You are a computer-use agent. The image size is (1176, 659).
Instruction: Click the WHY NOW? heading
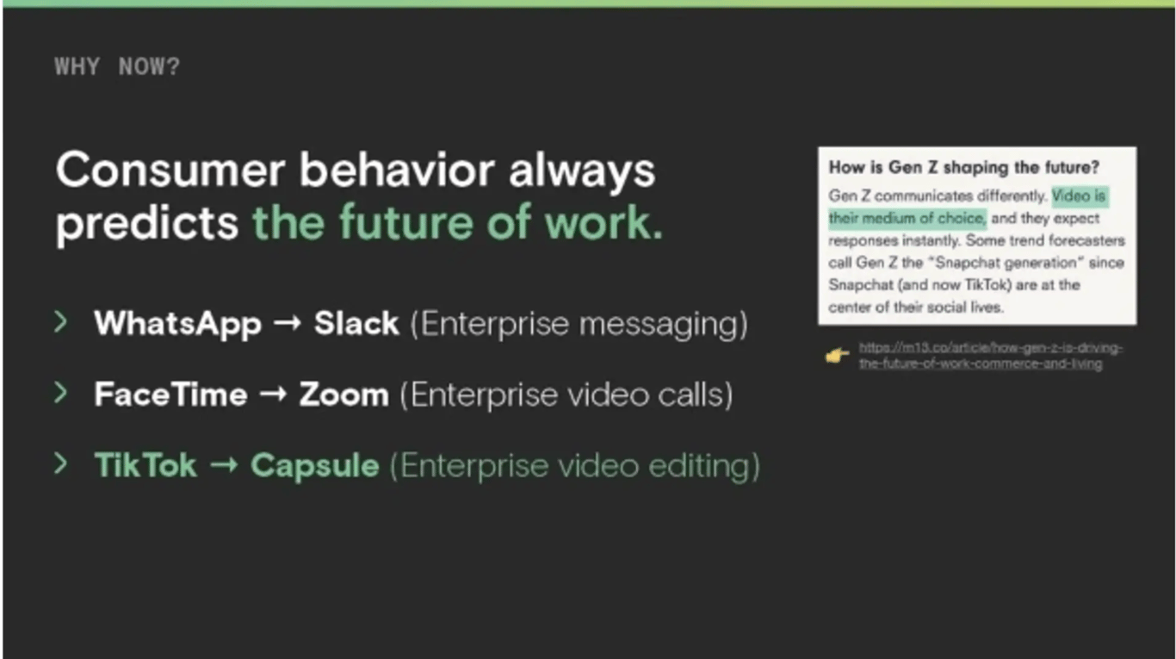(x=117, y=66)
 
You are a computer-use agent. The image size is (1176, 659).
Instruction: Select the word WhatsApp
(x=178, y=324)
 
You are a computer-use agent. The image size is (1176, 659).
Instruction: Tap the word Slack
(x=356, y=323)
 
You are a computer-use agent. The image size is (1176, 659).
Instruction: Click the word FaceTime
(x=170, y=395)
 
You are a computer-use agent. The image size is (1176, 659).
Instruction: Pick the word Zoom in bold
(x=344, y=395)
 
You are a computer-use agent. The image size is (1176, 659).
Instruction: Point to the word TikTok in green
(x=145, y=465)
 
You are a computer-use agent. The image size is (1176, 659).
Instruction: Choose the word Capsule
(x=314, y=466)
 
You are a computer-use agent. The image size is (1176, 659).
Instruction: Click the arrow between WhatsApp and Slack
(x=288, y=323)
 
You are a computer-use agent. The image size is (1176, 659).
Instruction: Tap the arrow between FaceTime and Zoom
(x=273, y=394)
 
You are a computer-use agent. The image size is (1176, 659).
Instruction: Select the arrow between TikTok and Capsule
(x=224, y=464)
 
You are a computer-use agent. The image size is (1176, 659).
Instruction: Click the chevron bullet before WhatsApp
(x=61, y=321)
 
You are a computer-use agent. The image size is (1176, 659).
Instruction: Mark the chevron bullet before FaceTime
(x=61, y=393)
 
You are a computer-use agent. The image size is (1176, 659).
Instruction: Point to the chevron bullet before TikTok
(x=61, y=463)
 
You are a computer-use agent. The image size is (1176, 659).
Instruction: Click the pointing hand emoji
(x=837, y=355)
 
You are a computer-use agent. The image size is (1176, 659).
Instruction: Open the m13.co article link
(x=990, y=356)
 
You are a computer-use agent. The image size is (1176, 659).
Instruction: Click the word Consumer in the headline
(x=170, y=170)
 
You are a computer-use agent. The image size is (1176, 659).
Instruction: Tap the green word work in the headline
(x=603, y=222)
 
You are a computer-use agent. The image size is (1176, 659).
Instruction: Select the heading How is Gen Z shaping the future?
(x=964, y=168)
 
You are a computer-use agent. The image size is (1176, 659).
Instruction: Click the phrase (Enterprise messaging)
(x=579, y=324)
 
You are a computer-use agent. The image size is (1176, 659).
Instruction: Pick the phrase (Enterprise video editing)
(x=575, y=466)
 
